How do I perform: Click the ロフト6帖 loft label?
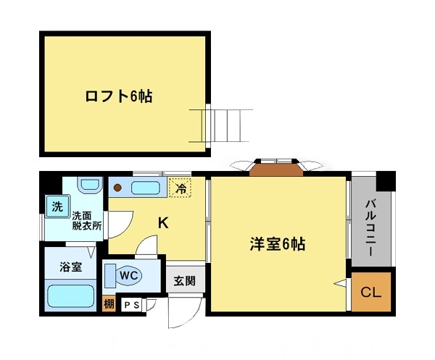tap(118, 96)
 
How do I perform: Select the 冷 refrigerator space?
tap(181, 188)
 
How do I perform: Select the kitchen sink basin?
tap(145, 189)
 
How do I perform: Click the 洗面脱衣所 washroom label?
tap(86, 220)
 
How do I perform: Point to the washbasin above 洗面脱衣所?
tap(88, 185)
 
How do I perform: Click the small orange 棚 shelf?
tap(109, 305)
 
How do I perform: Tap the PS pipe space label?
tap(133, 306)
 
